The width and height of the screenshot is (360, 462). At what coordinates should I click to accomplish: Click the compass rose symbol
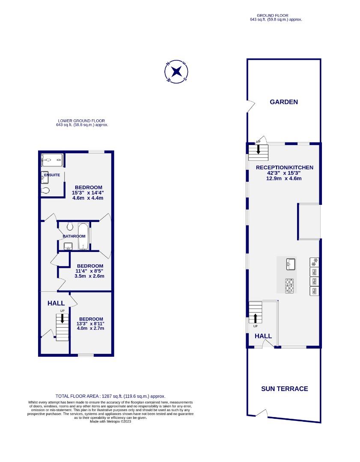[177, 71]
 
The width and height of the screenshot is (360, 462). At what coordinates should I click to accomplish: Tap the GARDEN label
[283, 102]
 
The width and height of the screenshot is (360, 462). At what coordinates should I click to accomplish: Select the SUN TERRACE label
[284, 389]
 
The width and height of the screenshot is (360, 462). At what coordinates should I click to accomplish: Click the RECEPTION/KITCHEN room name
[284, 168]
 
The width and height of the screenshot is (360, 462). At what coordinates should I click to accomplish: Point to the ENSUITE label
[51, 175]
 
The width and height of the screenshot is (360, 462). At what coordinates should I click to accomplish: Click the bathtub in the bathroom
[83, 236]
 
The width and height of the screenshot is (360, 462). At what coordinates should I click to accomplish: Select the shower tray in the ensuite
[52, 160]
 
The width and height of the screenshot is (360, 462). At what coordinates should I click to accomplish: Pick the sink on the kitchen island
[292, 264]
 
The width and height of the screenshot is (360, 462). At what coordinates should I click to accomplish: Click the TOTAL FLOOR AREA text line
[110, 397]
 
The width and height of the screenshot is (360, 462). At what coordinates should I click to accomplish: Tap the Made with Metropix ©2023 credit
[110, 421]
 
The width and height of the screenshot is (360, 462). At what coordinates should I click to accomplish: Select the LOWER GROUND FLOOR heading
[81, 121]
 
